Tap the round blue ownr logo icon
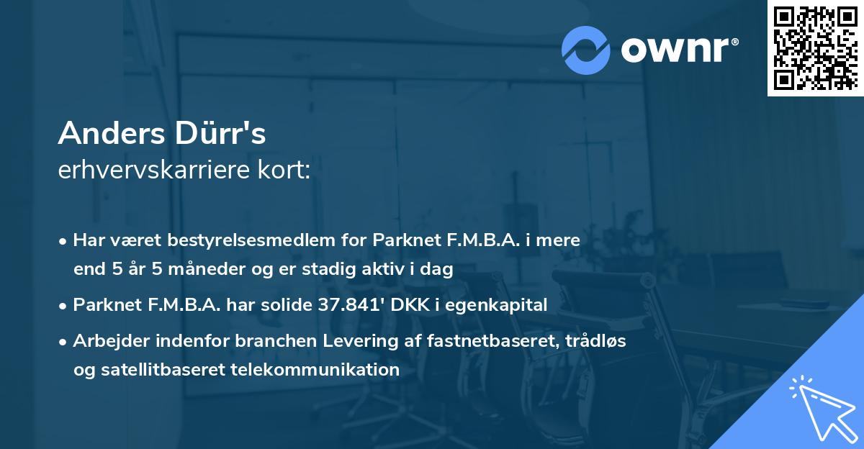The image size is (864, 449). [585, 50]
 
